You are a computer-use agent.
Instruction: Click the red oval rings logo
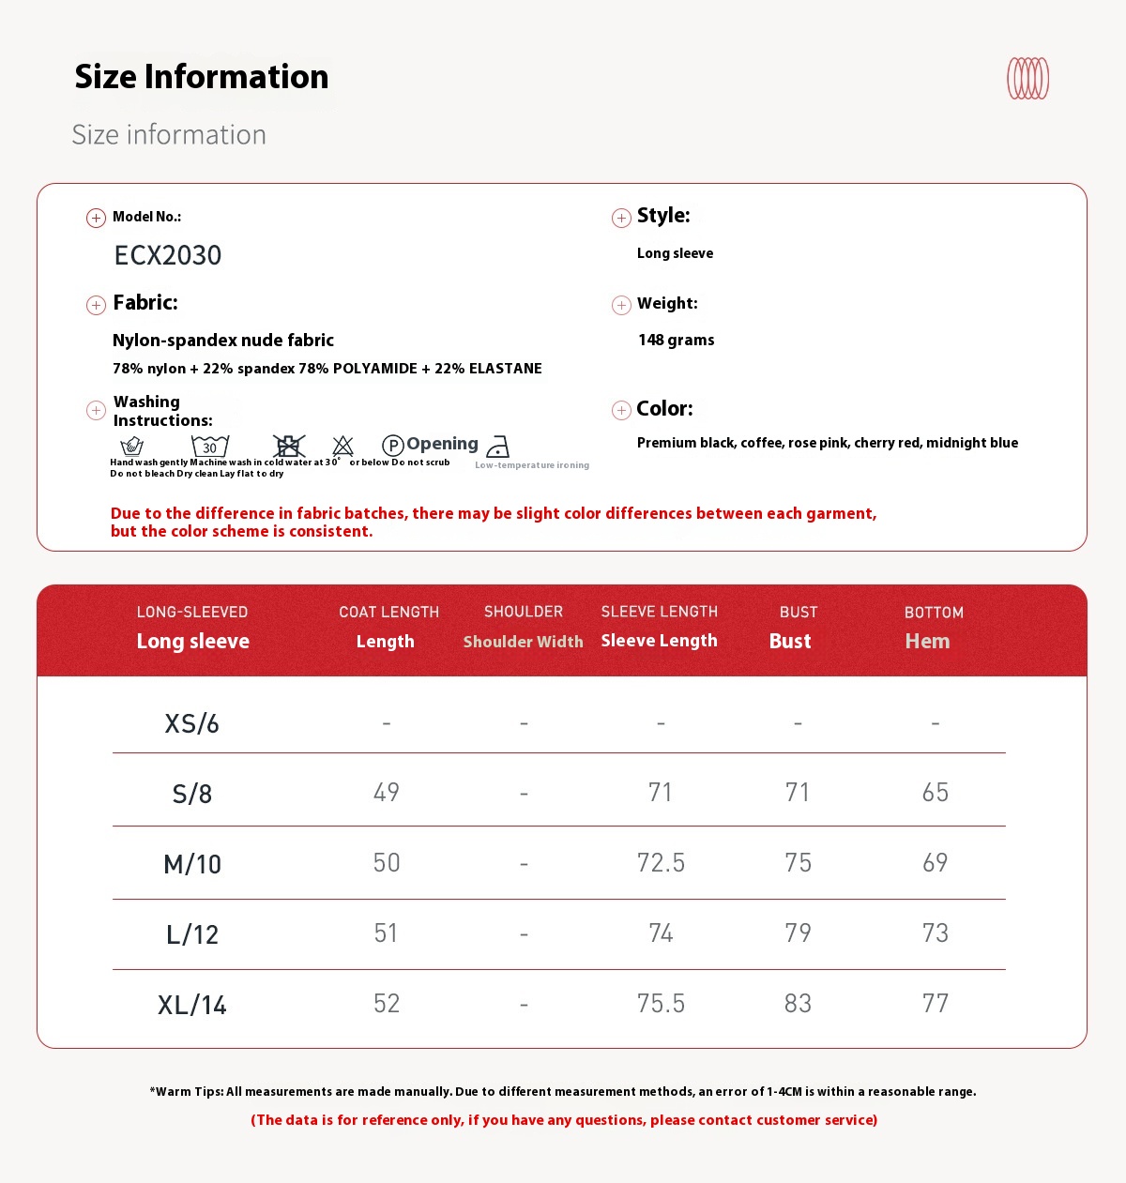click(1027, 79)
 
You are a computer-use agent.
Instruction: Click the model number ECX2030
click(168, 255)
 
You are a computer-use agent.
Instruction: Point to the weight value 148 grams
click(676, 340)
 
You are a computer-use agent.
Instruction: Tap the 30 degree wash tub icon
click(210, 446)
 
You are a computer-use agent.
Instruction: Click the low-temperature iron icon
click(498, 447)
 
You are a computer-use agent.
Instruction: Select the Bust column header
click(790, 641)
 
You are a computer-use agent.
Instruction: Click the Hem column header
click(927, 641)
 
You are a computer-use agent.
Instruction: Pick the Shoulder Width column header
click(523, 642)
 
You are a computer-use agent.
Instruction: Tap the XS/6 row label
click(191, 723)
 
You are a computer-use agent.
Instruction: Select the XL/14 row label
click(192, 1005)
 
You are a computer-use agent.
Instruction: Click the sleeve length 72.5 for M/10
click(661, 863)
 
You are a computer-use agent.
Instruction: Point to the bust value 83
click(798, 1004)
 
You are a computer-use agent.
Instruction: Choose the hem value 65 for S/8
click(935, 793)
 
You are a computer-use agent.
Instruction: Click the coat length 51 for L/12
click(386, 933)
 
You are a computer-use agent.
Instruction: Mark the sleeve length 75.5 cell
click(661, 1004)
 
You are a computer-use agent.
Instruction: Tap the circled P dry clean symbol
click(393, 446)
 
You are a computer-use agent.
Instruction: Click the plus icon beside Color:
click(621, 410)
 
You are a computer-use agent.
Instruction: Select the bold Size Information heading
click(202, 77)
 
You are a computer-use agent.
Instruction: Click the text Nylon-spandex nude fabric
click(223, 341)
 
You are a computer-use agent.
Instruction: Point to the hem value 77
click(935, 1004)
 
